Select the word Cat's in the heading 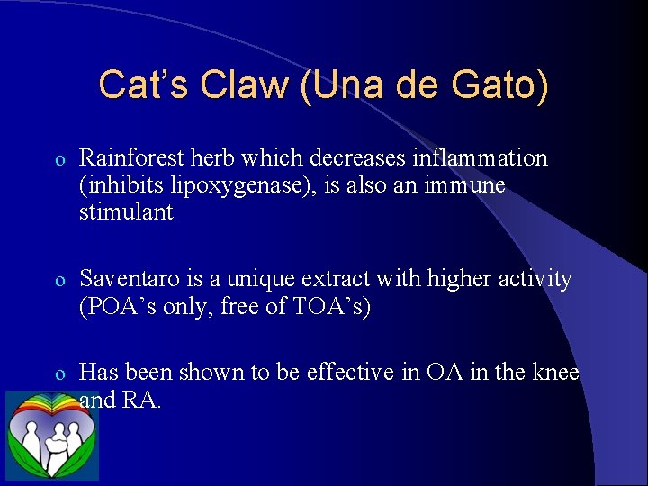144,85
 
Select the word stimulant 127,212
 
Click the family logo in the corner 51,436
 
